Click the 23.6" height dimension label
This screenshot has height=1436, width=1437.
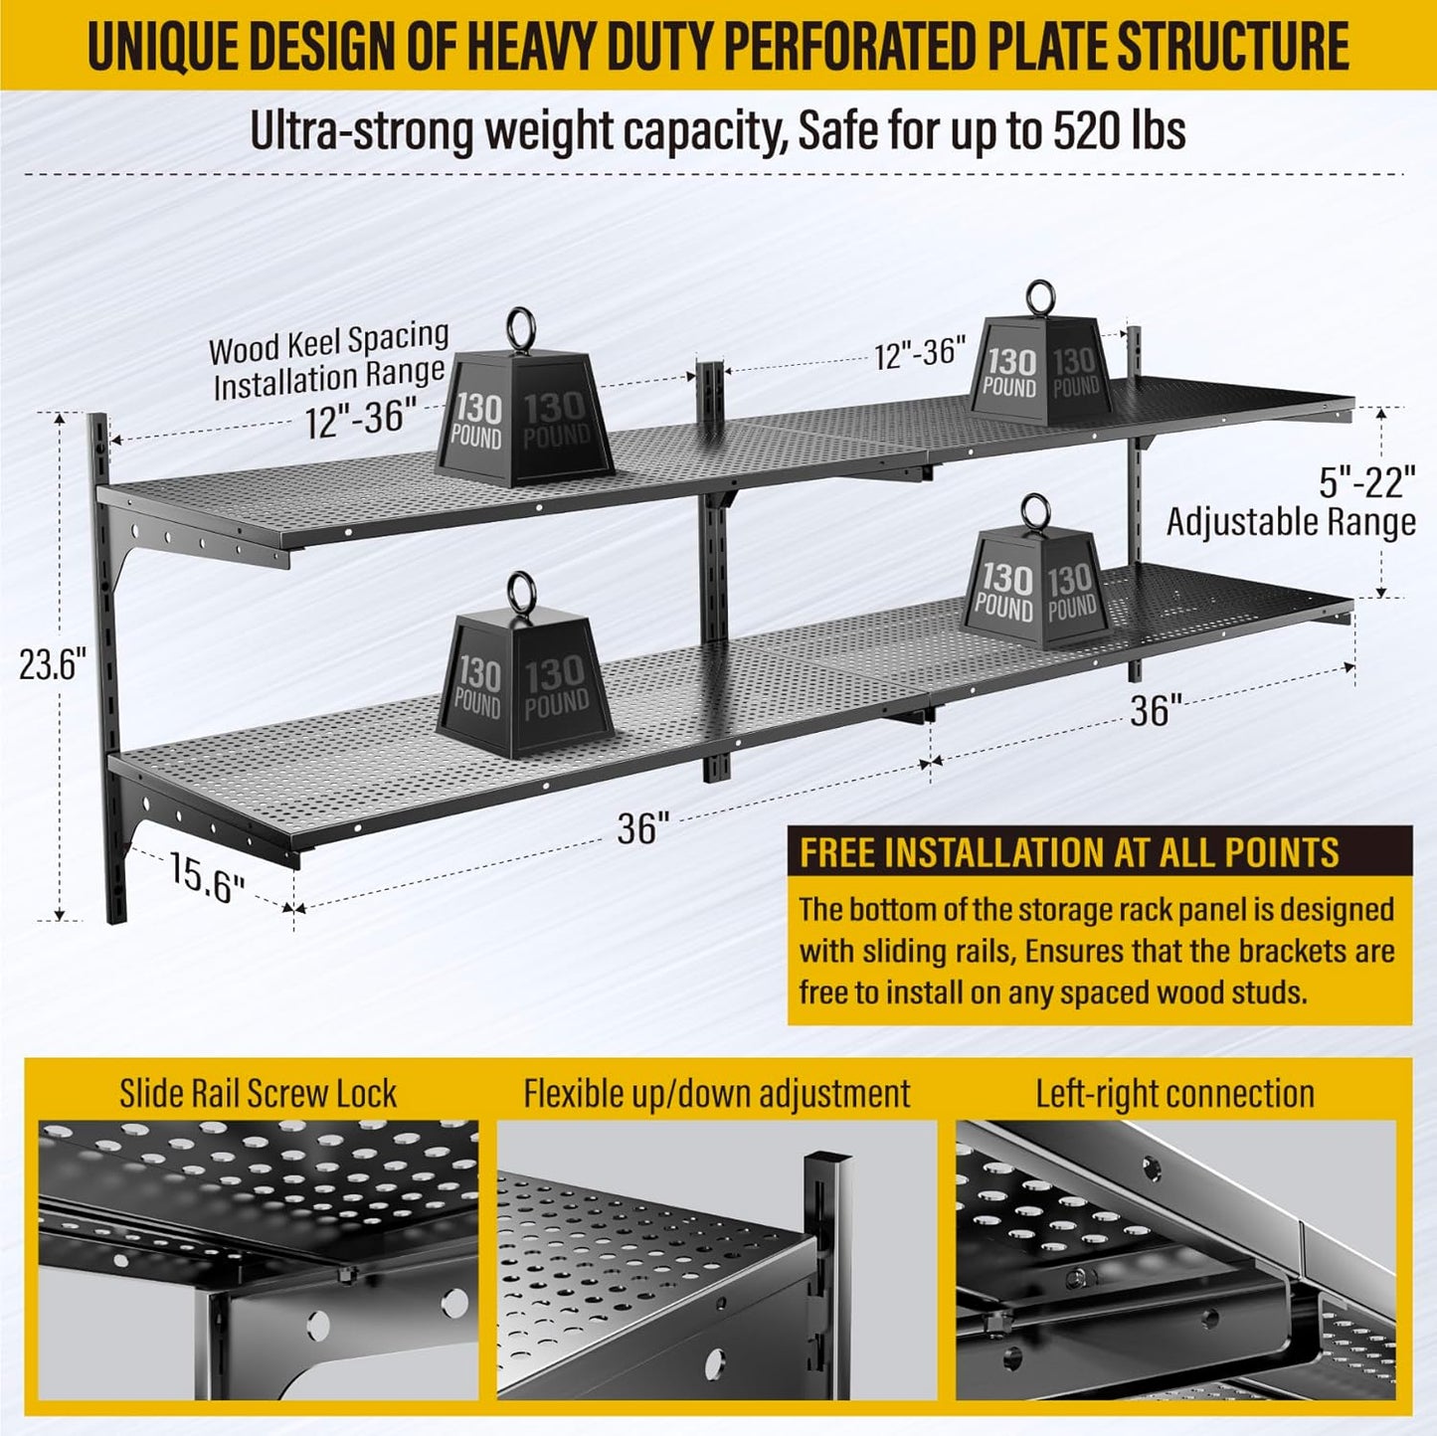[52, 663]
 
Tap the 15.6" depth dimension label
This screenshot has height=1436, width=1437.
[207, 877]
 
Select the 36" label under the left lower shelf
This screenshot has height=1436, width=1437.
[643, 827]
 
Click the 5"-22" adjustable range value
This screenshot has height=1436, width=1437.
[1366, 482]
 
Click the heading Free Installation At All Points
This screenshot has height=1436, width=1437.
[1069, 853]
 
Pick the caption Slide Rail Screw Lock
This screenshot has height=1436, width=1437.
[258, 1093]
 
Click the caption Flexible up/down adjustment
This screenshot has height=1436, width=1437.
[716, 1093]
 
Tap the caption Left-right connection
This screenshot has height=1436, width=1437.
[1174, 1093]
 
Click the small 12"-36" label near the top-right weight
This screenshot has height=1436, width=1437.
[920, 353]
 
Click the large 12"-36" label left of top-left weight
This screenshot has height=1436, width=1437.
[360, 418]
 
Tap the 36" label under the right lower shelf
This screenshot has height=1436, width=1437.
[1156, 710]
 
